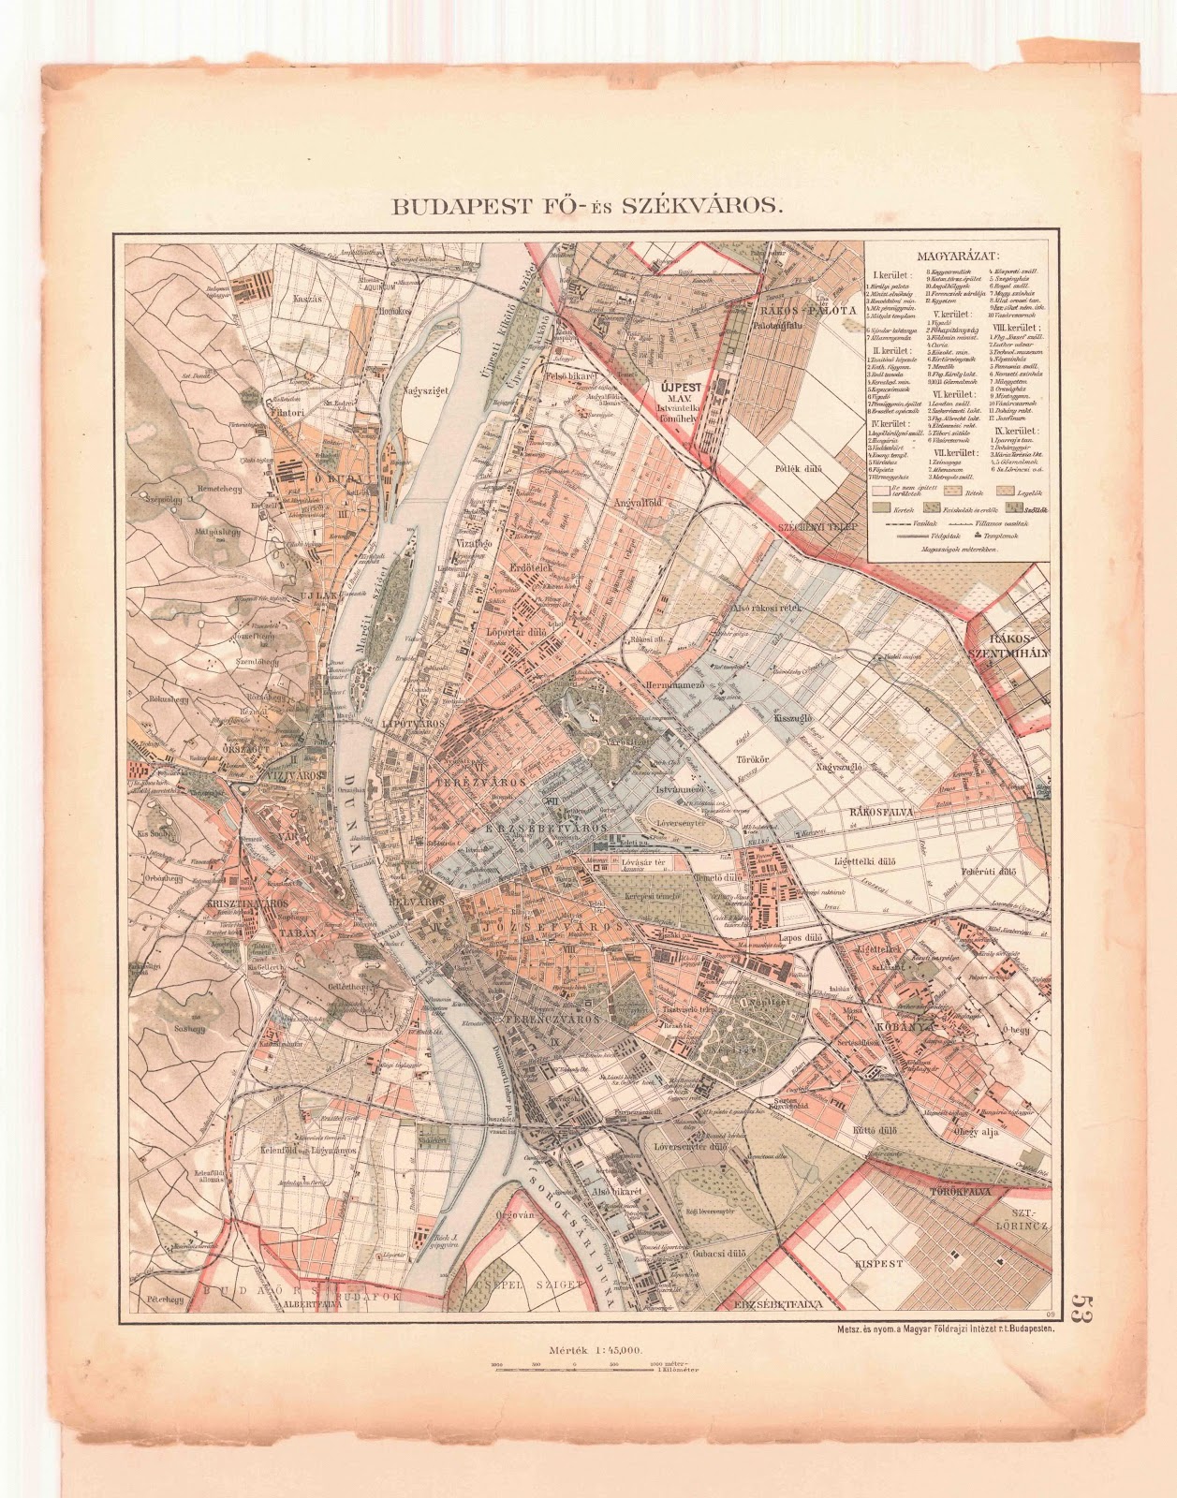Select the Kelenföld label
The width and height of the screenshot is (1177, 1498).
(x=302, y=1148)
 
